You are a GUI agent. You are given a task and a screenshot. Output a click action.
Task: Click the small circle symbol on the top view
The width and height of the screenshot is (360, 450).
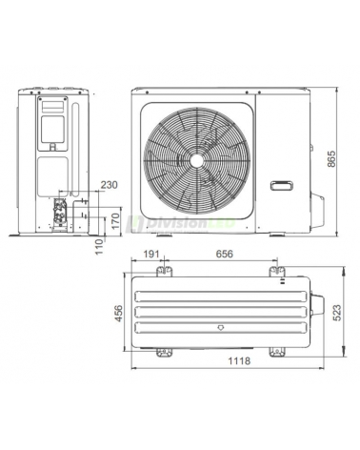tap(222, 325)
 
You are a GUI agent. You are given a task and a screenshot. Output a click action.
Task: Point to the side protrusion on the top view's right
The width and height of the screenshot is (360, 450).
tap(319, 310)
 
